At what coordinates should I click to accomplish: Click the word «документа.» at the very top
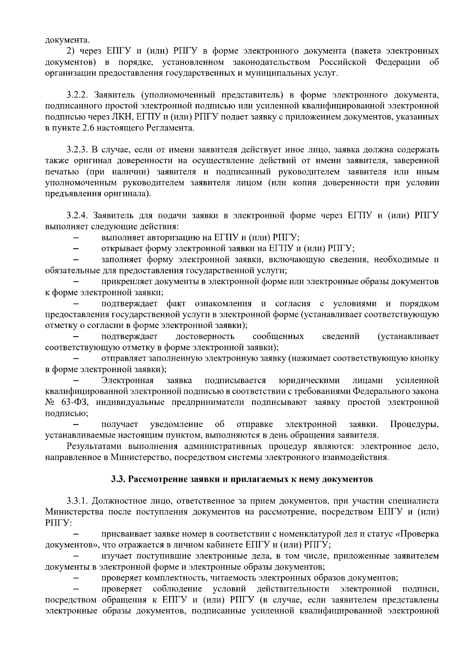67,40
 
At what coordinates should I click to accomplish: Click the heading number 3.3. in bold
119,479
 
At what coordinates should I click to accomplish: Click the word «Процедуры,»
414,425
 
